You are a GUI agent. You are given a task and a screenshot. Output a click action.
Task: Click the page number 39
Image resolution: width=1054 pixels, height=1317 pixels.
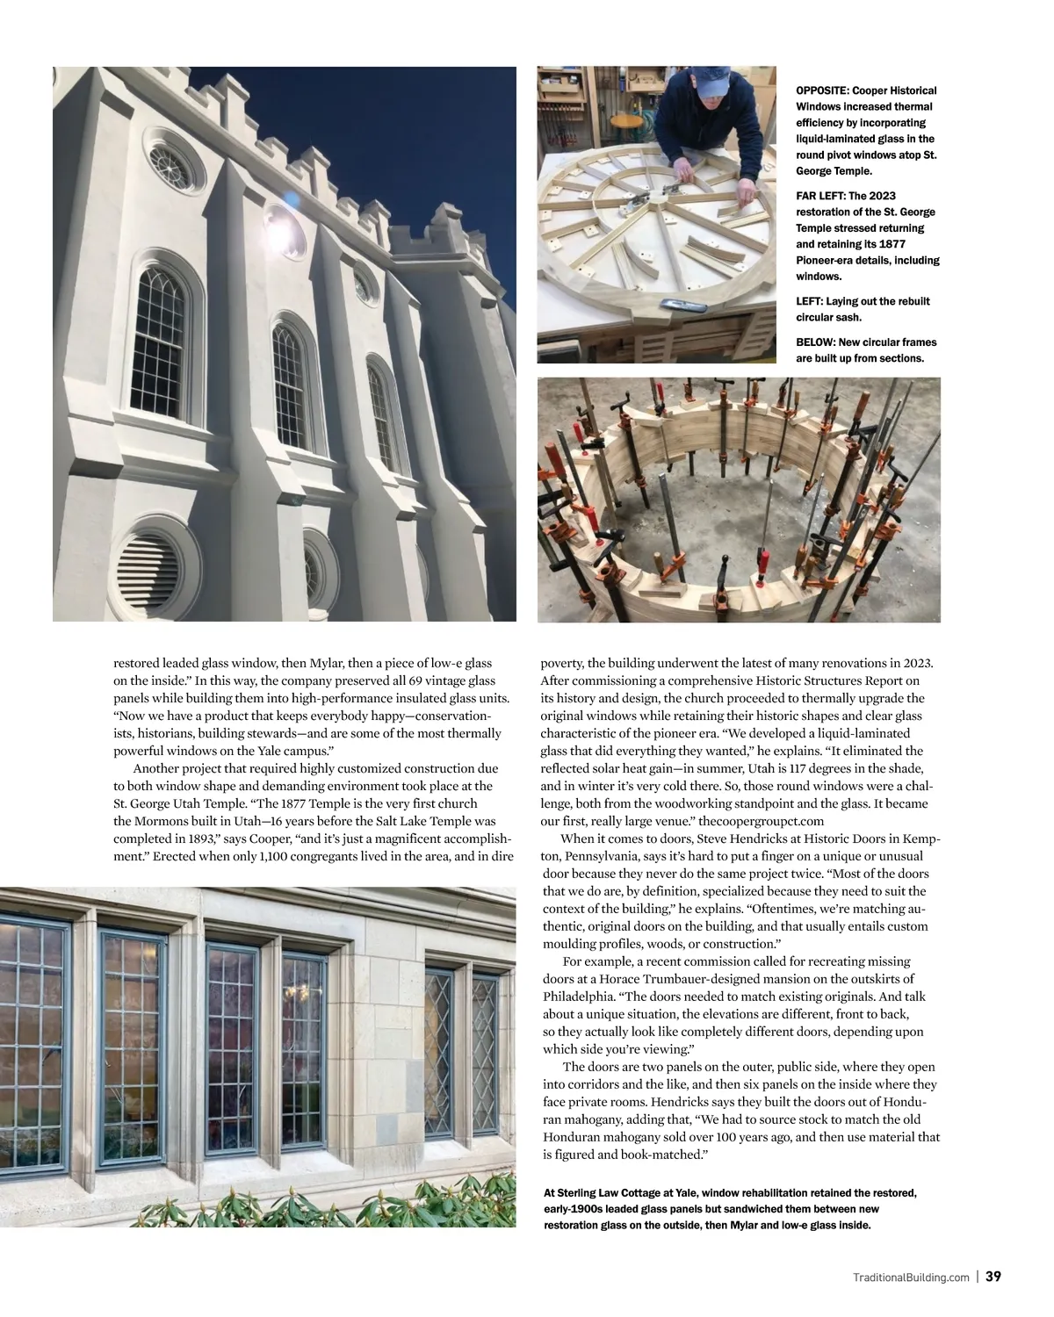point(993,1277)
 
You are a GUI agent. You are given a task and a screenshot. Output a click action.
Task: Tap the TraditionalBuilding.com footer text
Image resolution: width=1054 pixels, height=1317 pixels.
point(911,1277)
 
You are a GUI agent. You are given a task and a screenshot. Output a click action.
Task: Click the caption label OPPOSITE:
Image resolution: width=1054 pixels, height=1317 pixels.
point(823,90)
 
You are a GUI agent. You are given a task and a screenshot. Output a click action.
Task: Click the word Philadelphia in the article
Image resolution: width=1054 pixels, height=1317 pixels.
point(578,997)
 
